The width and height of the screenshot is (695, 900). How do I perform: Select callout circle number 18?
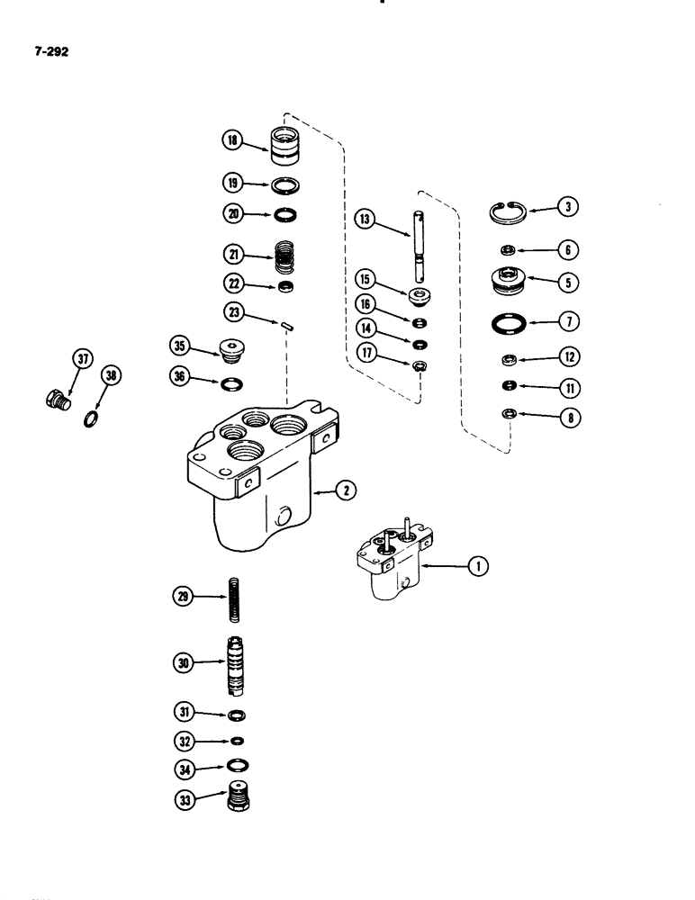pos(233,139)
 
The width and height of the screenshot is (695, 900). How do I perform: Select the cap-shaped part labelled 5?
pos(510,282)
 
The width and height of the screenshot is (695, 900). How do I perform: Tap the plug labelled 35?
pos(234,347)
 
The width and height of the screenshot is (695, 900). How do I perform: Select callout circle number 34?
pos(186,768)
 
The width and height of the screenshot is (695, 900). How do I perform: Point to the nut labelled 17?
pos(420,365)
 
